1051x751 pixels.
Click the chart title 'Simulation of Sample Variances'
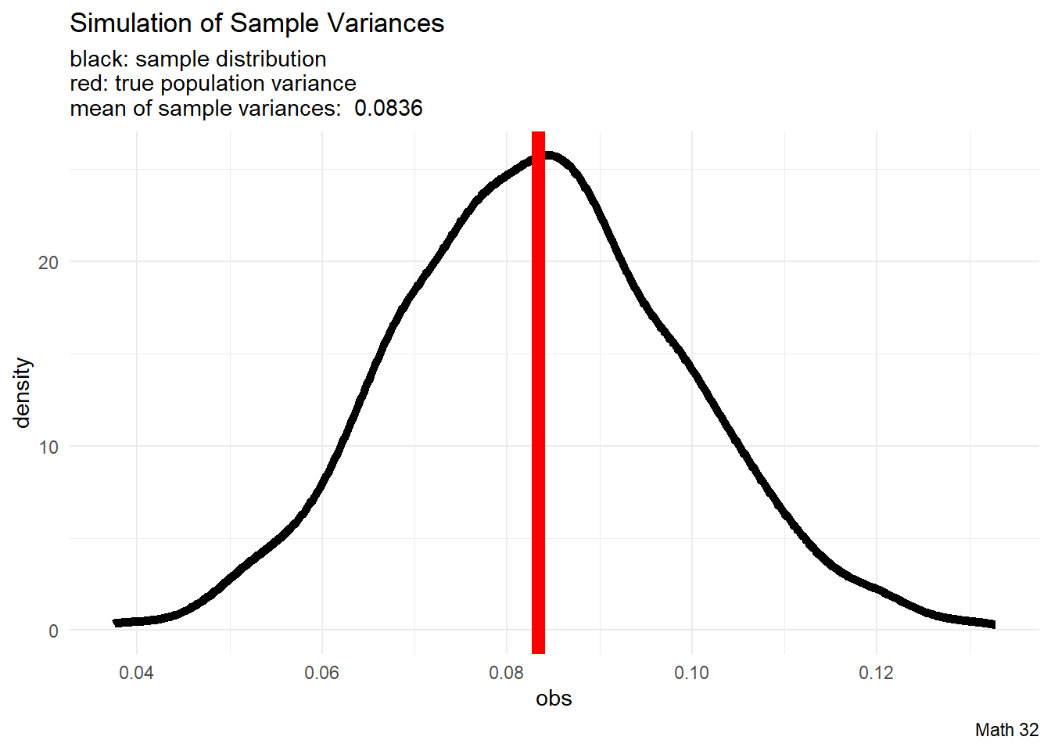[x=256, y=23]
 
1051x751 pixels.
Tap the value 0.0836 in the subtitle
[x=388, y=108]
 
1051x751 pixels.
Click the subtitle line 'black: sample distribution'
[x=198, y=59]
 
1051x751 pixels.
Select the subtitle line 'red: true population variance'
[x=213, y=84]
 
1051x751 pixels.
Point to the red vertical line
[x=538, y=391]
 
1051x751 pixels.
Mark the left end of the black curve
[x=117, y=623]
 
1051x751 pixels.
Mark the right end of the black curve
[x=992, y=623]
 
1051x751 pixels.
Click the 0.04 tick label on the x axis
[x=137, y=673]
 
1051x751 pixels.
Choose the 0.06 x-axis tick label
[x=321, y=673]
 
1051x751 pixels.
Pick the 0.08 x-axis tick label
[x=507, y=673]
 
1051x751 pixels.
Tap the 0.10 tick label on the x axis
[x=691, y=673]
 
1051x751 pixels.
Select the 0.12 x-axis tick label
[x=876, y=673]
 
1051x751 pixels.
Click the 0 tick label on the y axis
[x=53, y=631]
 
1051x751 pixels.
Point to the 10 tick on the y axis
[x=48, y=447]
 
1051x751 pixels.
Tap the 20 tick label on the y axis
[x=48, y=263]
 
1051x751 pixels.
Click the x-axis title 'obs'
[x=554, y=699]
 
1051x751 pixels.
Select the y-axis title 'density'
[x=23, y=393]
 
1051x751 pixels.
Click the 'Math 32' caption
[x=1006, y=730]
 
